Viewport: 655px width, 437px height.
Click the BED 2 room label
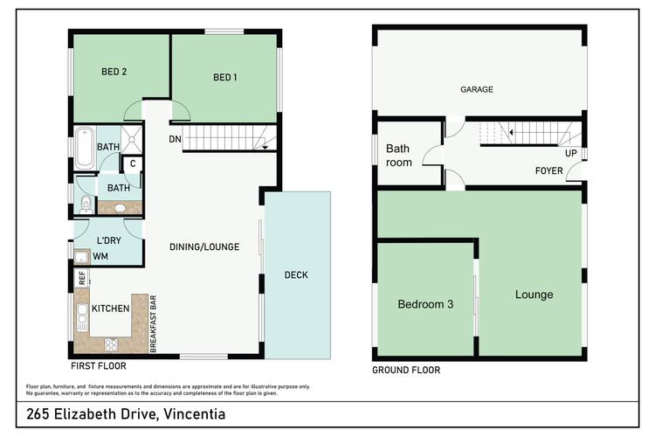pyautogui.click(x=114, y=72)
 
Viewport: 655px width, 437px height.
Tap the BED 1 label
pyautogui.click(x=224, y=78)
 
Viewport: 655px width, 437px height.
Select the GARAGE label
pyautogui.click(x=477, y=89)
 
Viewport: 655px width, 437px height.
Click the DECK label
pyautogui.click(x=296, y=275)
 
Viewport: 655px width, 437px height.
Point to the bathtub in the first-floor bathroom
pyautogui.click(x=86, y=149)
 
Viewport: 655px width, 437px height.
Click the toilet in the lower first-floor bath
pyautogui.click(x=86, y=205)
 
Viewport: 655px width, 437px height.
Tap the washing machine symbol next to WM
pyautogui.click(x=81, y=257)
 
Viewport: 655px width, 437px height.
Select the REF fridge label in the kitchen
pyautogui.click(x=82, y=278)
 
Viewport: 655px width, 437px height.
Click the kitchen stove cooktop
pyautogui.click(x=111, y=344)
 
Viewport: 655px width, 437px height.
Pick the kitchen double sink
pyautogui.click(x=82, y=317)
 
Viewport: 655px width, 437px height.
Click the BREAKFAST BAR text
pyautogui.click(x=153, y=323)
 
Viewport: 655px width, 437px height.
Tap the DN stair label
pyautogui.click(x=175, y=139)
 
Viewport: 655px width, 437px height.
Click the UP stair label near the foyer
pyautogui.click(x=571, y=154)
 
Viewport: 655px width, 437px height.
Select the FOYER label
pyautogui.click(x=549, y=170)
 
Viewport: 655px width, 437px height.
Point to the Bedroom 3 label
pyautogui.click(x=425, y=304)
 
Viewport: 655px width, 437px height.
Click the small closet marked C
pyautogui.click(x=133, y=164)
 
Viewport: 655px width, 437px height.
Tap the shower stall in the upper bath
pyautogui.click(x=132, y=139)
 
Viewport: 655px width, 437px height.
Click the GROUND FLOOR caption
pyautogui.click(x=406, y=370)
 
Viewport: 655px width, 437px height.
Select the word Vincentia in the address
pyautogui.click(x=194, y=414)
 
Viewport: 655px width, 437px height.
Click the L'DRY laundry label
pyautogui.click(x=109, y=241)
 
